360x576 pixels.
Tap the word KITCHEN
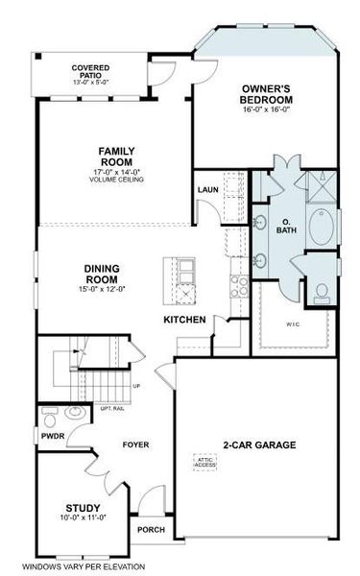coord(185,319)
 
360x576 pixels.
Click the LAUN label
coord(208,190)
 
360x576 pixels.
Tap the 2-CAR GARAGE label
coord(259,444)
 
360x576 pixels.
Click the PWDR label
coord(53,435)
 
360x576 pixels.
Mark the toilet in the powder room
coord(50,416)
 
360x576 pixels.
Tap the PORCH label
coord(151,529)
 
